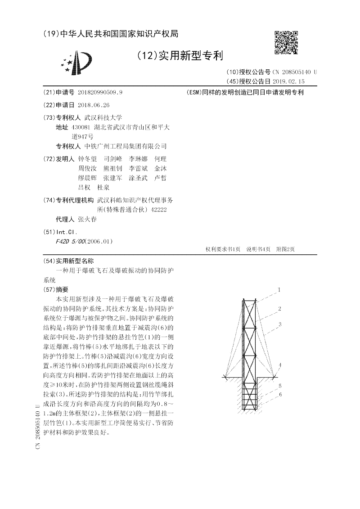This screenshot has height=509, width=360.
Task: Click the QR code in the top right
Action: pos(286,42)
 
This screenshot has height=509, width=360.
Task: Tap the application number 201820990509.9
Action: pos(100,92)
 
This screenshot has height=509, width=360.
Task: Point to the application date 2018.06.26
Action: pos(94,105)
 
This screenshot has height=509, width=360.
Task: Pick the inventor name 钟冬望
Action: pos(87,159)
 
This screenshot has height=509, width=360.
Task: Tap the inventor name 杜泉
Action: pos(110,187)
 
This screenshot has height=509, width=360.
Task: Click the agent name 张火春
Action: pos(87,220)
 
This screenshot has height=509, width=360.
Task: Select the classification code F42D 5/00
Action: pos(69,241)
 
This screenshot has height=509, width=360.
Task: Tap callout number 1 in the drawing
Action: pos(279,290)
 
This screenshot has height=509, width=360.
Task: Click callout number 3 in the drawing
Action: pos(279,324)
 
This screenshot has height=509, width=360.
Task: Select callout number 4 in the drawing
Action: pos(279,365)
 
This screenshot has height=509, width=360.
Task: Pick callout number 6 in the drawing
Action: pos(279,395)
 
